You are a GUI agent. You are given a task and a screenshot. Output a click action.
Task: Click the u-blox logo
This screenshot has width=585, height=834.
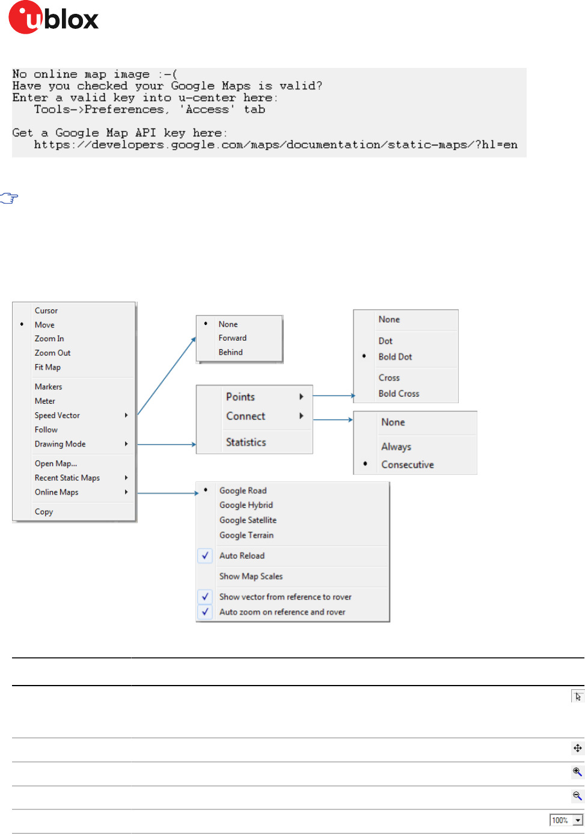(x=54, y=17)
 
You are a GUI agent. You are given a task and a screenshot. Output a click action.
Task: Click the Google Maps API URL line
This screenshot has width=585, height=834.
(x=275, y=145)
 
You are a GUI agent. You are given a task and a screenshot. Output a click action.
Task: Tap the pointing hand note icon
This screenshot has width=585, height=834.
(x=9, y=198)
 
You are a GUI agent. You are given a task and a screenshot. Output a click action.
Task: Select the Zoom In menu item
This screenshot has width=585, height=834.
(x=49, y=339)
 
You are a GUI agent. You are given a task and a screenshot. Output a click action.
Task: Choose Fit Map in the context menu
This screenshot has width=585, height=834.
(x=47, y=367)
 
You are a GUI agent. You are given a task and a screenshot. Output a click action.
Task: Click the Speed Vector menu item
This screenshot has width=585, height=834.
(x=57, y=415)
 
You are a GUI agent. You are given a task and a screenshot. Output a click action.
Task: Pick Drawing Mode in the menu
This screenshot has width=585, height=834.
(x=60, y=444)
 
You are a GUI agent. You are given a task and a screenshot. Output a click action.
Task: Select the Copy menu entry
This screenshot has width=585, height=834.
(x=44, y=512)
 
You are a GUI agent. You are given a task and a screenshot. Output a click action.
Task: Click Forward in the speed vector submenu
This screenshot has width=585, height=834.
(x=233, y=338)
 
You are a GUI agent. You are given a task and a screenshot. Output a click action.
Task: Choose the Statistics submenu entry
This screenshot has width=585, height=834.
(x=246, y=442)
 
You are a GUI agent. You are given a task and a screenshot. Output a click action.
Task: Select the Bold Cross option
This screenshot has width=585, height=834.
(x=399, y=394)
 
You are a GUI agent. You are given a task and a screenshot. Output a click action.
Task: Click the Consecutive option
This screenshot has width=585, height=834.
(x=407, y=464)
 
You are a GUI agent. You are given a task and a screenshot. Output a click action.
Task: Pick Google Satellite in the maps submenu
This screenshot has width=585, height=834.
(x=248, y=520)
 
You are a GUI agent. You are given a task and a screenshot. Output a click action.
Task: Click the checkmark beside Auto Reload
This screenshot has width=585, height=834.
(x=205, y=556)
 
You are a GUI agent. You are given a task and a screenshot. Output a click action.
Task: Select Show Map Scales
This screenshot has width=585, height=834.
(x=251, y=576)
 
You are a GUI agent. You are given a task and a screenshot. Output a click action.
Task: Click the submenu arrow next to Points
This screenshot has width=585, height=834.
(x=301, y=397)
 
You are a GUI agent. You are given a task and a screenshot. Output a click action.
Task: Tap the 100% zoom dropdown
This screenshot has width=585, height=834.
(x=566, y=820)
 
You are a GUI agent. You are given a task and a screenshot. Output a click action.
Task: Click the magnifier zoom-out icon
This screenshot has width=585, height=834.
(x=577, y=796)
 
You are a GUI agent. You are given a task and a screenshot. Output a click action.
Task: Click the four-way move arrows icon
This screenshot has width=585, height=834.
(x=577, y=748)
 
